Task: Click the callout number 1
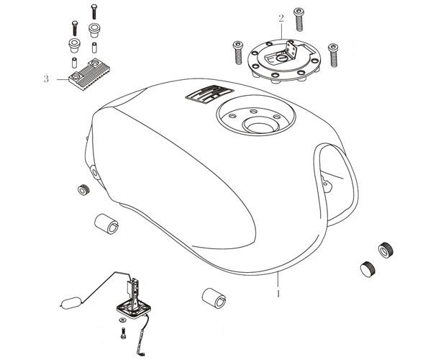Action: click(278, 294)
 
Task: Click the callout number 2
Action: click(281, 18)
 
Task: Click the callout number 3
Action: click(46, 78)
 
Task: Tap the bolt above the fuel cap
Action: click(299, 19)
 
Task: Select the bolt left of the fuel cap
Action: click(238, 53)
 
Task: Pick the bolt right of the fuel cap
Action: click(333, 55)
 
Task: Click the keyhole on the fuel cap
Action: click(283, 58)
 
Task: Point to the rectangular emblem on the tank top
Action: click(209, 94)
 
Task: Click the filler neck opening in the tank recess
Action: click(259, 125)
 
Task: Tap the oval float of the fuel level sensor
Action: click(71, 303)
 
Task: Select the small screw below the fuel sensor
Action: click(123, 333)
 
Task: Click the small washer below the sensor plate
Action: click(122, 320)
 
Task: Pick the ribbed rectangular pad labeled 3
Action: click(89, 74)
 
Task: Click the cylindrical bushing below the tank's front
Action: click(214, 298)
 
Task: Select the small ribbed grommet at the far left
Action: click(83, 190)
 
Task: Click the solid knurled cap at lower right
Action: click(368, 269)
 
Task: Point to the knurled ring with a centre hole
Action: click(386, 251)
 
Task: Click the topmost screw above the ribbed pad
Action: click(94, 12)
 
